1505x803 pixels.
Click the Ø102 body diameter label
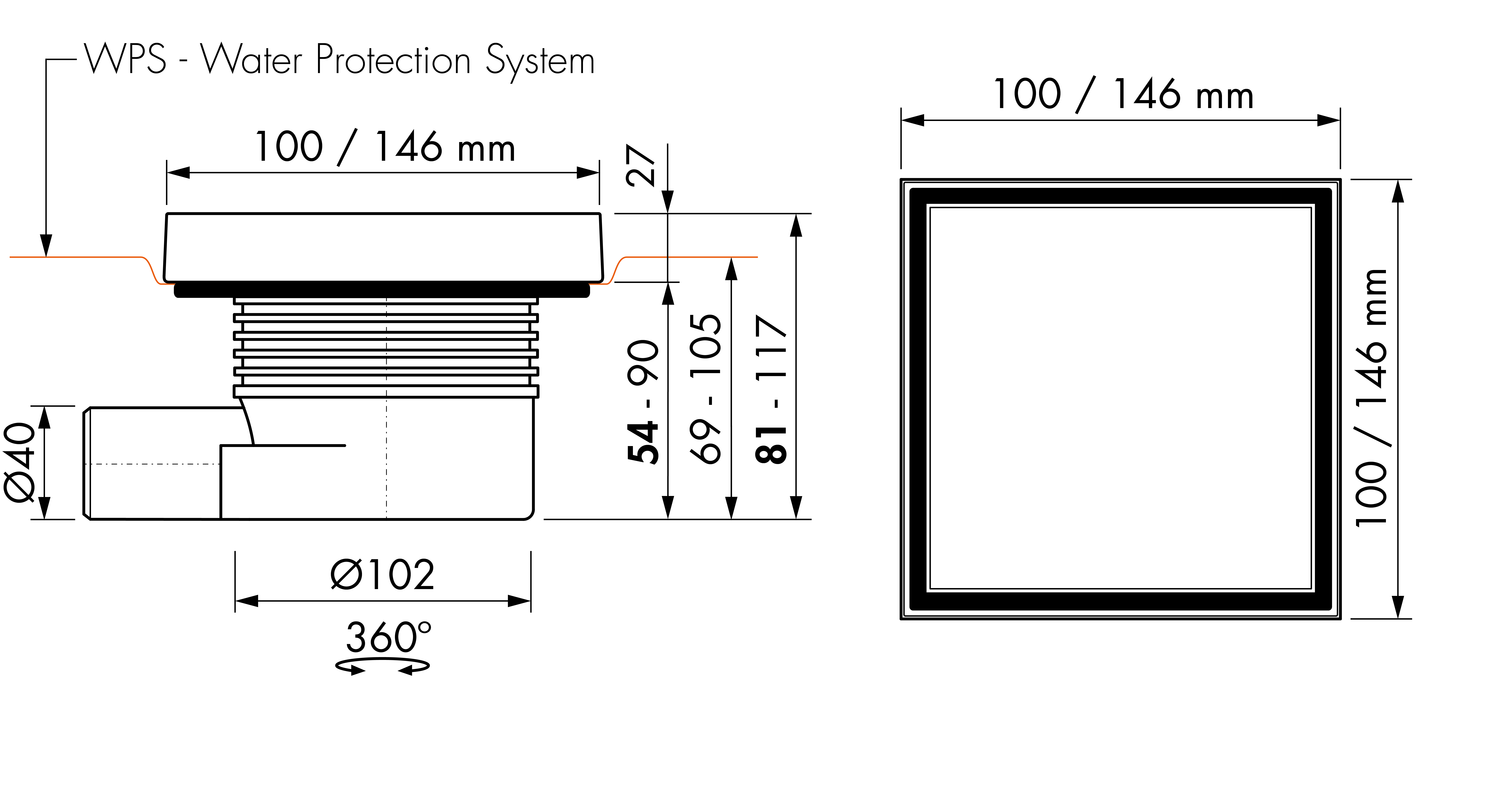[x=383, y=574]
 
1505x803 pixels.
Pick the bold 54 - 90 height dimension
[x=643, y=402]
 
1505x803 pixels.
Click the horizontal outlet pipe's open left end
[x=86, y=463]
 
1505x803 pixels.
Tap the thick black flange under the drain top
[x=382, y=290]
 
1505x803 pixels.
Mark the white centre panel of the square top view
[x=1121, y=398]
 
